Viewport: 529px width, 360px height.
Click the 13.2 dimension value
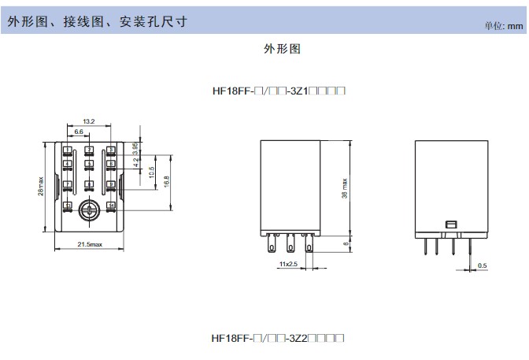click(88, 122)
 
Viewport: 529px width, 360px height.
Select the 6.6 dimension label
click(79, 132)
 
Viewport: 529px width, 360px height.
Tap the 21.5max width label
click(89, 246)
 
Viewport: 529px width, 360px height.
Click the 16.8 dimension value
click(165, 180)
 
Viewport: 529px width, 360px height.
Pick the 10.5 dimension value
click(151, 172)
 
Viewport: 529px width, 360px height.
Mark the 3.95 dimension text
click(136, 149)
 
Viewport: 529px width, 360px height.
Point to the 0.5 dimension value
click(482, 265)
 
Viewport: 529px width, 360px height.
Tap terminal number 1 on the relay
click(68, 150)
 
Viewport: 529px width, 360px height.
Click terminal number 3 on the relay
click(111, 150)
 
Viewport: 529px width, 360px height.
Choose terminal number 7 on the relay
click(68, 185)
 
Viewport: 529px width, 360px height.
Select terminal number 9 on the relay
click(111, 185)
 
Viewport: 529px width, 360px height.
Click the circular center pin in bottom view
click(89, 208)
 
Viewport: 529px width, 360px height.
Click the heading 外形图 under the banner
click(282, 48)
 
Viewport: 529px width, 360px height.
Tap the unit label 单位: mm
click(504, 25)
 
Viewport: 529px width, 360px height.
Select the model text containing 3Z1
click(279, 91)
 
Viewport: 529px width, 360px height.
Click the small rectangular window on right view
click(451, 225)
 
